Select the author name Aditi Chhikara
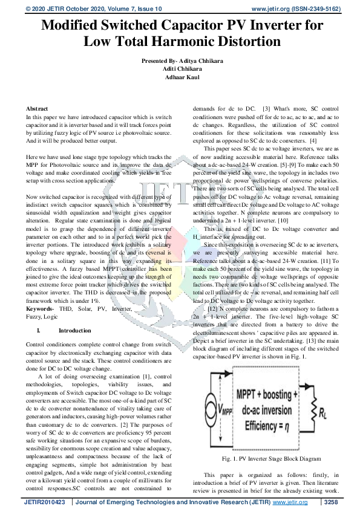pyautogui.click(x=180, y=70)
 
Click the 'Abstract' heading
pyautogui.click(x=38, y=106)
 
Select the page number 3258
pyautogui.click(x=331, y=502)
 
